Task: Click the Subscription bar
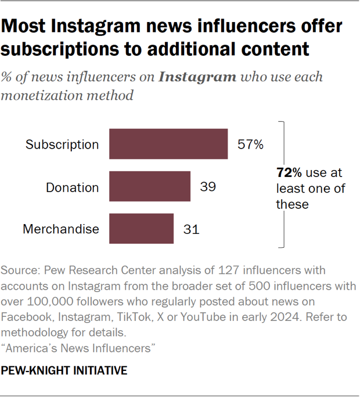point(168,144)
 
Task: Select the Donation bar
point(150,186)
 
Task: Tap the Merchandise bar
point(141,229)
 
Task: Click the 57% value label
point(250,145)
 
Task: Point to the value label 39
point(208,187)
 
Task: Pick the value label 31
point(191,229)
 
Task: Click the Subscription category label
point(62,145)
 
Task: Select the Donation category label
point(73,187)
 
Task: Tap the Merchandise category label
point(61,229)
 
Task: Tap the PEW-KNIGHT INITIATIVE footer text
point(64,370)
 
